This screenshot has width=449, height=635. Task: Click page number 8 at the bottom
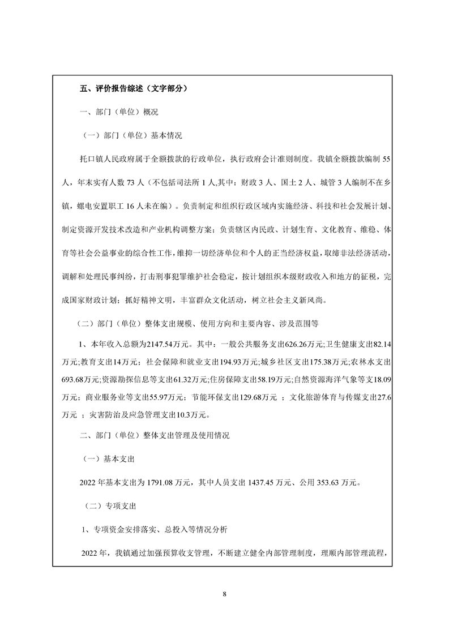tap(225, 594)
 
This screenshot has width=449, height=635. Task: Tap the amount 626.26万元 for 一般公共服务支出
tap(304, 344)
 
